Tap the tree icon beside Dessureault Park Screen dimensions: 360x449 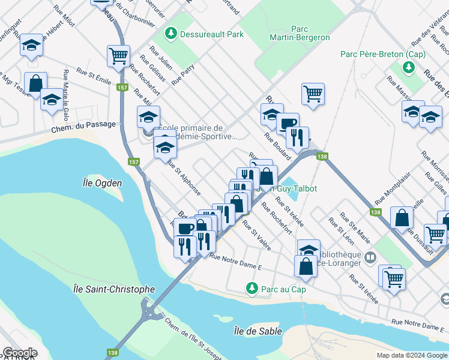coord(171,34)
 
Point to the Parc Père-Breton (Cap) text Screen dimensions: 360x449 coord(382,54)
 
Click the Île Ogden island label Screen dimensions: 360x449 coord(102,183)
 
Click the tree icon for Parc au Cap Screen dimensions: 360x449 coord(252,289)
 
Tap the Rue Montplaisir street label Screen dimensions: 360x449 coord(388,193)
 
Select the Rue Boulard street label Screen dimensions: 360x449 coord(277,147)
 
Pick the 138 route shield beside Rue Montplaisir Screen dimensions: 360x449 coord(376,212)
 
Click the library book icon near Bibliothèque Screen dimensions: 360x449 coord(370,258)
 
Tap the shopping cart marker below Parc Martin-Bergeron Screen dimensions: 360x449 coord(313,94)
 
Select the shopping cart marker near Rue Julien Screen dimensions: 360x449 coord(119,56)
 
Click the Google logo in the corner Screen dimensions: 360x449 coord(20,353)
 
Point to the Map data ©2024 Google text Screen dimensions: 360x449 coord(411,355)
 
